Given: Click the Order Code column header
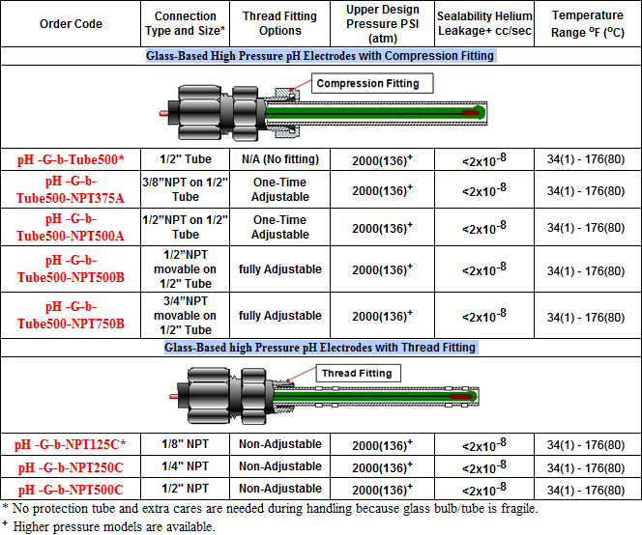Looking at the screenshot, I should pos(71,23).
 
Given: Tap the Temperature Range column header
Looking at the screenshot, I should pos(588,23).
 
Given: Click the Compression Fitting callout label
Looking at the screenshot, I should pos(367,84).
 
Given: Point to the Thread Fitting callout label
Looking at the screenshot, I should pos(356,374).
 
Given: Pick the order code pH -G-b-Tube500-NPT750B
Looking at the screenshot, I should pos(71,315).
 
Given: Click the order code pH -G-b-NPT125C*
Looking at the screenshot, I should pos(71,444).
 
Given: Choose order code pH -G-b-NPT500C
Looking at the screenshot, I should pos(71,489).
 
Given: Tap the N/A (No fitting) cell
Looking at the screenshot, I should pos(279,158).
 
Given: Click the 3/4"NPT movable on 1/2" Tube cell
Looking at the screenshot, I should pos(185,315).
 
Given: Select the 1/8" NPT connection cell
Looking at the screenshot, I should pos(185,444).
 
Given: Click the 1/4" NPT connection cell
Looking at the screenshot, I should pos(185,466).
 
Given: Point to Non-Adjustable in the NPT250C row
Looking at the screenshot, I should pos(279,466).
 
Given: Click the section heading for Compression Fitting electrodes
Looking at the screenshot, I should pos(320,56).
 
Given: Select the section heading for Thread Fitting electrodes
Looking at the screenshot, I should pos(320,347).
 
